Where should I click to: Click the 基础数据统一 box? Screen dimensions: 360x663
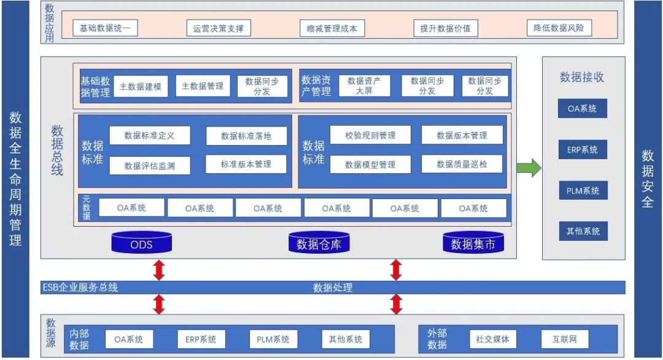105,28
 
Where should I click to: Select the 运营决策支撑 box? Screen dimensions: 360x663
219,28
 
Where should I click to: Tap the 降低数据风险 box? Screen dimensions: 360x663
559,28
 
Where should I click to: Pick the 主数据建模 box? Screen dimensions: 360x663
141,87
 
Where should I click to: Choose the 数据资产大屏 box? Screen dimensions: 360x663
364,86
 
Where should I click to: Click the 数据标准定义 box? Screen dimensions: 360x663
150,135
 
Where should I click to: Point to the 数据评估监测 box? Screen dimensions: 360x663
150,165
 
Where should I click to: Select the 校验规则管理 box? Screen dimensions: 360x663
370,135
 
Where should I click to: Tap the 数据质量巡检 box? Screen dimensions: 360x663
462,164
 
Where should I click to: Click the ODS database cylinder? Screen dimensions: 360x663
141,243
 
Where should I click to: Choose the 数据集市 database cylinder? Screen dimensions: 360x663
473,243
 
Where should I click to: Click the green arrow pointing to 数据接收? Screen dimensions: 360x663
529,168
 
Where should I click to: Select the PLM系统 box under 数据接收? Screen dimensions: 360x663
583,190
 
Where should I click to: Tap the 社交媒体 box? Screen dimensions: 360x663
492,339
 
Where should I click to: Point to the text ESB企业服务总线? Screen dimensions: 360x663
80,288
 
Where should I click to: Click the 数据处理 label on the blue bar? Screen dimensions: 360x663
333,288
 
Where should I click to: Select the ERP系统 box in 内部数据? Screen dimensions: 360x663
201,339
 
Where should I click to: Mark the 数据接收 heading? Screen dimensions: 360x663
582,77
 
